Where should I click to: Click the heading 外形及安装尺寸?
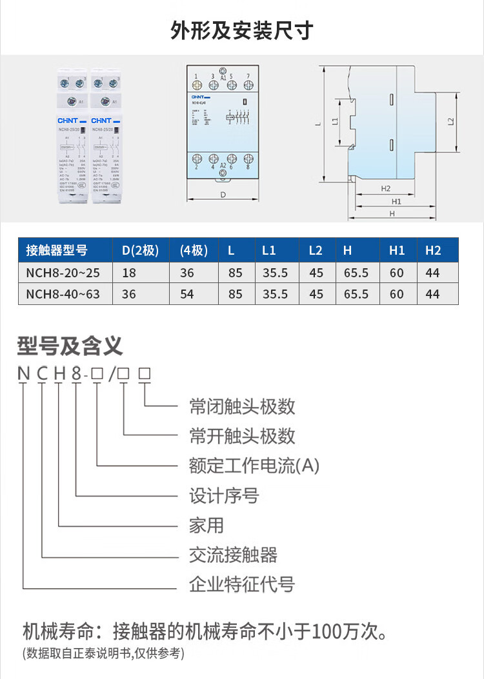242,30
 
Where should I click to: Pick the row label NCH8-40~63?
63,294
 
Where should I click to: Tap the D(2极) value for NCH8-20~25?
129,273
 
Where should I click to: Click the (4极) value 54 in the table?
187,294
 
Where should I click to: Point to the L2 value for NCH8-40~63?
316,294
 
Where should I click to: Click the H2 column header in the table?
433,250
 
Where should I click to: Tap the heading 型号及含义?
70,346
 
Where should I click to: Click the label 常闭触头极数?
242,406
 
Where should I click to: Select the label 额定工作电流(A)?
254,466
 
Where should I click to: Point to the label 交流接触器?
233,555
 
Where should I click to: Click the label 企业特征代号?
242,585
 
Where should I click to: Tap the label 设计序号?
224,496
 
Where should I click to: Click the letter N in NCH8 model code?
24,374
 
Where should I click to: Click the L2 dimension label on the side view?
451,121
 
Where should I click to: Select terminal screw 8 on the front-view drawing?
248,159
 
